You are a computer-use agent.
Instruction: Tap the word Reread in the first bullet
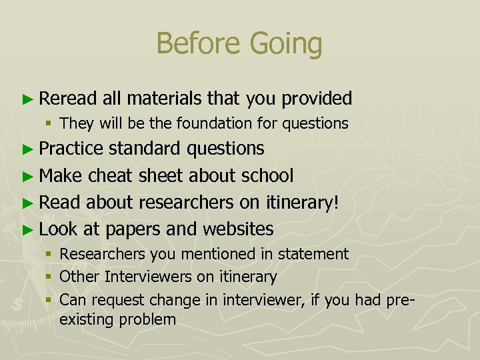coord(67,99)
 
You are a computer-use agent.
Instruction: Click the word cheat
coord(111,175)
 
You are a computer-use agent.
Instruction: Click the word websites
coord(237,229)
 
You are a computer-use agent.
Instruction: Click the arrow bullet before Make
coord(27,175)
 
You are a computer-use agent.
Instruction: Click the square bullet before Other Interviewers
coord(51,276)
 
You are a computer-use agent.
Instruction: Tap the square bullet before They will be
coord(51,123)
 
